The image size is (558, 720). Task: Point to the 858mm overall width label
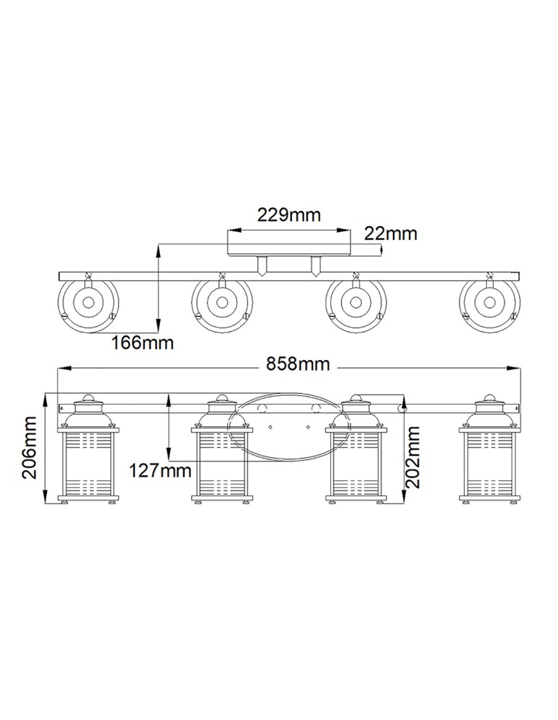pyautogui.click(x=298, y=364)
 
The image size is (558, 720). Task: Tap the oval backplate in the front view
pyautogui.click(x=288, y=427)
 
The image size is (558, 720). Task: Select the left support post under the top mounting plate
pyautogui.click(x=263, y=266)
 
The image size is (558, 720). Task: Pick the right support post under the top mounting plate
pyautogui.click(x=315, y=266)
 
